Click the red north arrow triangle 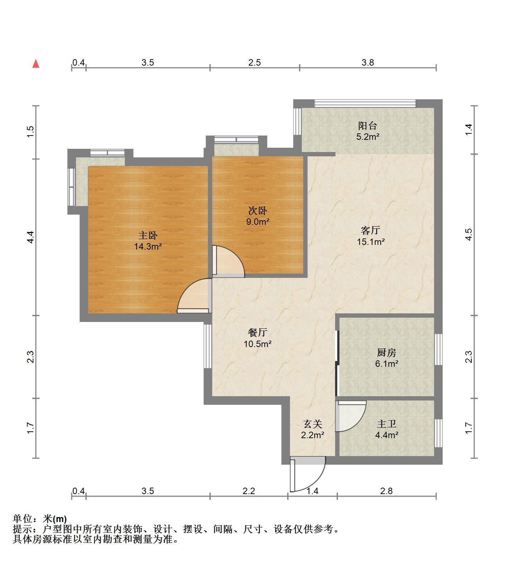[36, 64]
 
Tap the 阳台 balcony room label [368, 126]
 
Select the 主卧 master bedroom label [148, 236]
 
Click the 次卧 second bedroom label [258, 211]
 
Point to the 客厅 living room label [371, 230]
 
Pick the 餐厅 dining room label [258, 332]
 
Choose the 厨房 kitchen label [387, 352]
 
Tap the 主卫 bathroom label [387, 424]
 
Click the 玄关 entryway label [313, 424]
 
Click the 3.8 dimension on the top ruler [368, 62]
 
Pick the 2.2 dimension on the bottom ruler [249, 490]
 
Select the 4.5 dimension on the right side [469, 235]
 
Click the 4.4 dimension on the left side [31, 237]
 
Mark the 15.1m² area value [371, 242]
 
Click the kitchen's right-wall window [438, 349]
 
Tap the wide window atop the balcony [366, 104]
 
